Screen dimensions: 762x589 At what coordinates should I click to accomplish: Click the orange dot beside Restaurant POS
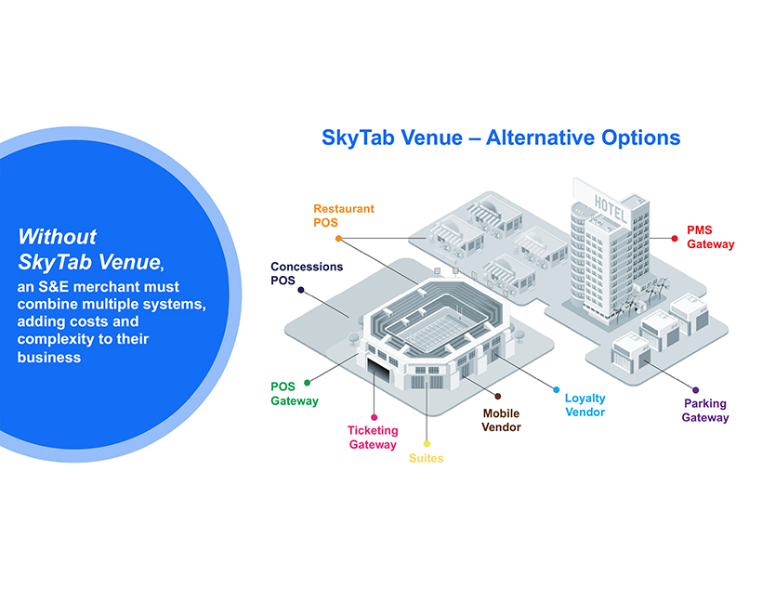pos(339,239)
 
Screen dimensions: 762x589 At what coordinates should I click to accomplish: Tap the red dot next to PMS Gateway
pos(675,238)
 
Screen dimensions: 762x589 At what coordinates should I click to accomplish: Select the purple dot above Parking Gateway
pos(695,390)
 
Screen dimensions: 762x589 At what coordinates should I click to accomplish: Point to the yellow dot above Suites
pos(427,443)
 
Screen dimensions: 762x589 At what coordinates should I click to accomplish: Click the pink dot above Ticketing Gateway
pos(374,417)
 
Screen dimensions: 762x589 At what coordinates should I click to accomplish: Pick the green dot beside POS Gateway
pos(308,383)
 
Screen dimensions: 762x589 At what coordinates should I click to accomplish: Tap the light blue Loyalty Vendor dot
pos(557,389)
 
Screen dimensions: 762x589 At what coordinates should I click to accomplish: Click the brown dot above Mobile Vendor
pos(498,396)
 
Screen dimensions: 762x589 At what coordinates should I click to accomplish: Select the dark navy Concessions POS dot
pos(301,290)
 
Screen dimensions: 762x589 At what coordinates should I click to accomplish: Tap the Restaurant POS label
pos(344,216)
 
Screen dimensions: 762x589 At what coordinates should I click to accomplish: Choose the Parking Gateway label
pos(705,410)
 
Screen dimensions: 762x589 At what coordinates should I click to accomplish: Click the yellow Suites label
pos(427,458)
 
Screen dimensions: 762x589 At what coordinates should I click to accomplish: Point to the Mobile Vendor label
pos(501,420)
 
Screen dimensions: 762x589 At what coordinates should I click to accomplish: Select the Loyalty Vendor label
pos(585,405)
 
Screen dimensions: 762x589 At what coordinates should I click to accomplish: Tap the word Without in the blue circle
pos(58,237)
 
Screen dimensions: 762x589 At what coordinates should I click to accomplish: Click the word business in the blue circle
pos(49,357)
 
